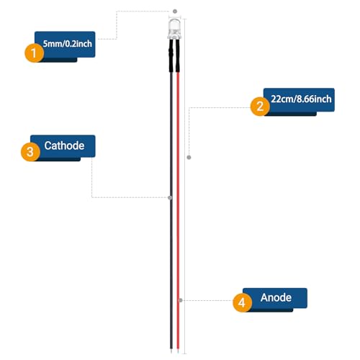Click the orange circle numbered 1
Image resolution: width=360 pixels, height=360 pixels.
pyautogui.click(x=35, y=53)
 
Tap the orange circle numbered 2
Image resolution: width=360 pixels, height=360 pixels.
pyautogui.click(x=260, y=107)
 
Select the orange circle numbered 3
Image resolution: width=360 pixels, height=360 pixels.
pyautogui.click(x=30, y=152)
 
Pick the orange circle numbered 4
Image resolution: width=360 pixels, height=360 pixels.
pyautogui.click(x=243, y=302)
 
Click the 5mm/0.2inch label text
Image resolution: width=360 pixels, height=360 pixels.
pyautogui.click(x=68, y=44)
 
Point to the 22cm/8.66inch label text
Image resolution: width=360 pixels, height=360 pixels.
pyautogui.click(x=301, y=99)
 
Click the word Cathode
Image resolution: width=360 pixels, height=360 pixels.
pyautogui.click(x=64, y=145)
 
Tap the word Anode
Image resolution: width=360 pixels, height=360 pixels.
pyautogui.click(x=276, y=297)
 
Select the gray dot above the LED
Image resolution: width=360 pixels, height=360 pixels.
pyautogui.click(x=175, y=12)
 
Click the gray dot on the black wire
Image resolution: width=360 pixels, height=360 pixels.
pyautogui.click(x=170, y=197)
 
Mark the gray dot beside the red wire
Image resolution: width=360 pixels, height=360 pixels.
pyautogui.click(x=181, y=300)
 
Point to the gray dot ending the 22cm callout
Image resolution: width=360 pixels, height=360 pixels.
pyautogui.click(x=189, y=157)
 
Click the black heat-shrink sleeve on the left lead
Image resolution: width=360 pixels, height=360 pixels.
pyautogui.click(x=171, y=55)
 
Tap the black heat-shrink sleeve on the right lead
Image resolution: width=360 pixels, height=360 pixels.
pyautogui.click(x=178, y=55)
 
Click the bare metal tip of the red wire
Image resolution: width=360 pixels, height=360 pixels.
pyautogui.click(x=178, y=351)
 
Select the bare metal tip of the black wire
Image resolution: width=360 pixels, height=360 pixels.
pyautogui.click(x=171, y=351)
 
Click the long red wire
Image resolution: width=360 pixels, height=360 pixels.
pyautogui.click(x=178, y=210)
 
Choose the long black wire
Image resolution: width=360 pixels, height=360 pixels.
pyautogui.click(x=171, y=210)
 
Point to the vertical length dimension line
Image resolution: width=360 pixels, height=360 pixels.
pyautogui.click(x=184, y=186)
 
